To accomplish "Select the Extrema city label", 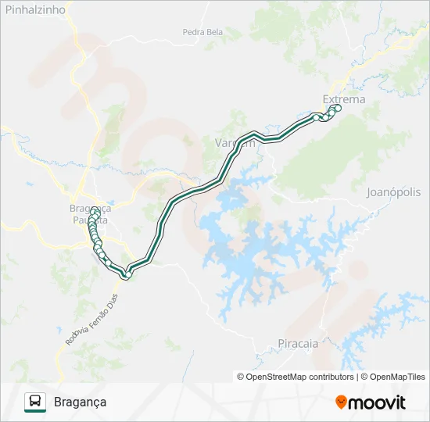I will (x=343, y=99).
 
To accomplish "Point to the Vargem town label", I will (x=235, y=143).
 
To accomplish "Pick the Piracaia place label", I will (x=298, y=342).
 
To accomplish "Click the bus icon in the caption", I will (x=35, y=402).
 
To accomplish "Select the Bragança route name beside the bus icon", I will (x=81, y=402).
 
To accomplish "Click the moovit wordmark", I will (x=377, y=402).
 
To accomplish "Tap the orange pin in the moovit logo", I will (x=341, y=402).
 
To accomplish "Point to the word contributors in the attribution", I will (x=332, y=377).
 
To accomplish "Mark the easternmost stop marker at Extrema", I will (x=339, y=108).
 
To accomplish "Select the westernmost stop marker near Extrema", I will (x=317, y=117).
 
